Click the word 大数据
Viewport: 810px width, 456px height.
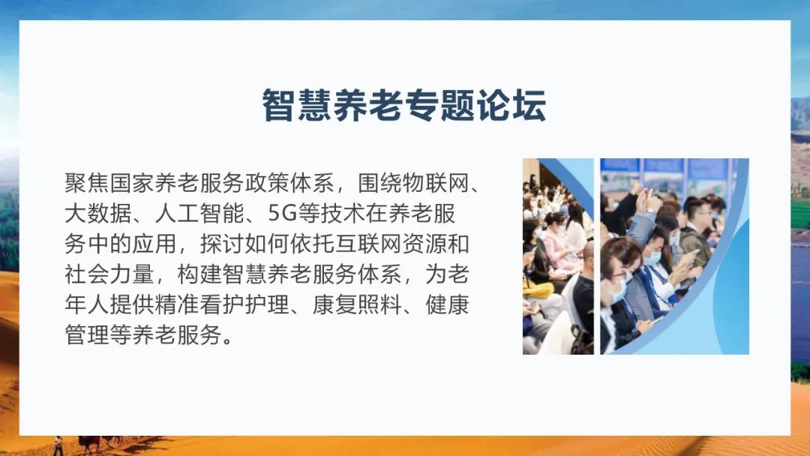coord(98,213)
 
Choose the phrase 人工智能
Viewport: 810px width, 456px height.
coord(199,213)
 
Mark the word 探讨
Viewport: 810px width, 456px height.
coord(222,244)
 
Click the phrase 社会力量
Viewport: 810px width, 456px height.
coord(109,274)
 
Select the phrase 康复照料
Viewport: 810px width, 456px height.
coord(357,304)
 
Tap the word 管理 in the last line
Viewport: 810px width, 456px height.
coord(87,335)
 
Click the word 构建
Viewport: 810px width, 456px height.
coord(199,274)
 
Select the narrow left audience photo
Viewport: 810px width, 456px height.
coord(558,256)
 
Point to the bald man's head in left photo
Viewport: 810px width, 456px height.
coord(589,252)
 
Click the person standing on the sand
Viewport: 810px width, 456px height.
coord(58,446)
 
